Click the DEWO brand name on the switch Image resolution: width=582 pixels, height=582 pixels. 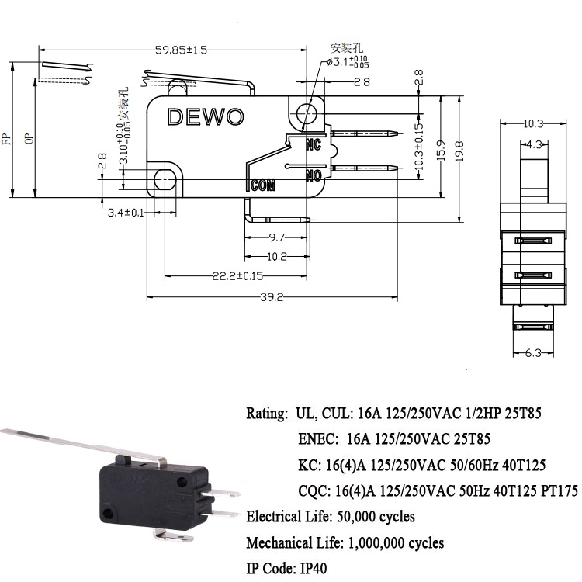[x=206, y=117]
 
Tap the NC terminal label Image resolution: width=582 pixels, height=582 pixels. [x=314, y=145]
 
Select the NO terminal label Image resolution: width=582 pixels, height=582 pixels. [x=314, y=176]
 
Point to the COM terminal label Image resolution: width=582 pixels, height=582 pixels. [x=264, y=185]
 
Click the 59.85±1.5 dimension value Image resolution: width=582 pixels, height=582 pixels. [x=181, y=50]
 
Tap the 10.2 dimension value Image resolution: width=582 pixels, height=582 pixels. [x=277, y=257]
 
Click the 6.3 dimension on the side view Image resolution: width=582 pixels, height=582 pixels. [x=532, y=354]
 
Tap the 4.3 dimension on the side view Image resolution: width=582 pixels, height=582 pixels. [x=533, y=144]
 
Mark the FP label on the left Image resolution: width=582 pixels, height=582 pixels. [x=7, y=139]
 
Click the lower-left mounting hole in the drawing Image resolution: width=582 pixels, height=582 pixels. [x=164, y=180]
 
